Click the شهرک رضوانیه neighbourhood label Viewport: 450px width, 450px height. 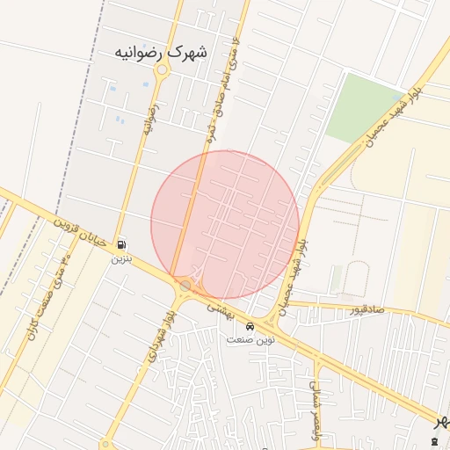162,52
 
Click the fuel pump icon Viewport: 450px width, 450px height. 120,244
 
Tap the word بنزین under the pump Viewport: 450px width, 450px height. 120,258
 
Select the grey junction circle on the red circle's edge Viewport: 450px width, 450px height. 185,285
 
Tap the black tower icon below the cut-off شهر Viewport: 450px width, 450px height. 437,439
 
